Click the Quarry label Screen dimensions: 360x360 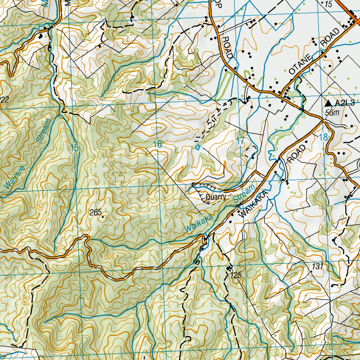216,197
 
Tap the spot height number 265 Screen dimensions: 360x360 95,212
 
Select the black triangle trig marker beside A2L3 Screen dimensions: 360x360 328,103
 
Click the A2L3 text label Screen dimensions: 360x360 345,103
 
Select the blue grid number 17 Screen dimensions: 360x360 240,141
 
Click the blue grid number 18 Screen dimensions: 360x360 323,137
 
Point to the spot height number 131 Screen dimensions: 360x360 317,266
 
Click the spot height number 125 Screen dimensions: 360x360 236,276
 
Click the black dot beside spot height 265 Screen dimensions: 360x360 103,217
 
